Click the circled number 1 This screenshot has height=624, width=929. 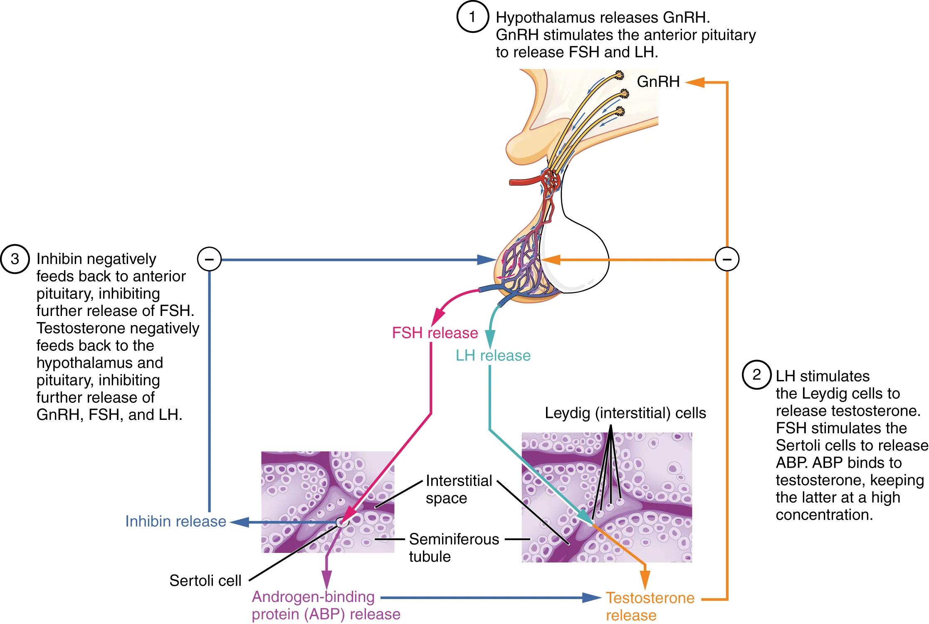pos(472,17)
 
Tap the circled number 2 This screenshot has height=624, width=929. pos(756,375)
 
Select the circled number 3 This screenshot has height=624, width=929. pos(15,259)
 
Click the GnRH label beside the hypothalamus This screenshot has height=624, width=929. pos(658,82)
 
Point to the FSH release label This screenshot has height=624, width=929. pos(435,333)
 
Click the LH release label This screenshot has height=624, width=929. pos(493,355)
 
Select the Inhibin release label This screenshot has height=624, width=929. pos(175,521)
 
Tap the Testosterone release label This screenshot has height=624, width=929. pos(650,606)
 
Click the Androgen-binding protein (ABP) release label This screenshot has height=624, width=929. pos(326,605)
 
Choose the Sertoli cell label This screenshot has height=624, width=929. pos(205,580)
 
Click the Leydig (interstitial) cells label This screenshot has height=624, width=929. pos(625,413)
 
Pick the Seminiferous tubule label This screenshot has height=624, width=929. pos(453,548)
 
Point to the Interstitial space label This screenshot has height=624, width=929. pos(458,489)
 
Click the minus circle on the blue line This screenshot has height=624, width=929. pos(209,260)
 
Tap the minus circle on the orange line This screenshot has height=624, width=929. pos(727,259)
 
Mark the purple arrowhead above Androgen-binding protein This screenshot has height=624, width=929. pos(327,579)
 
